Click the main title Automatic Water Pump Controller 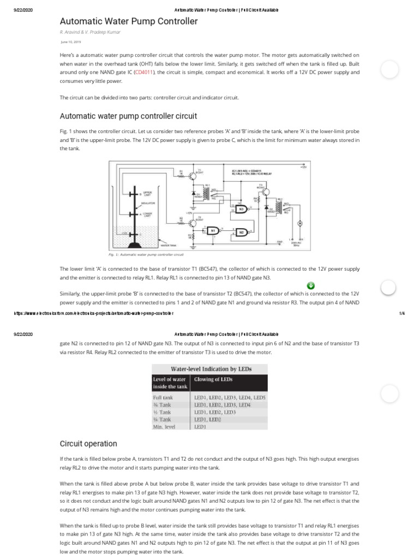tap(128, 21)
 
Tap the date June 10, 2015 tap(70, 41)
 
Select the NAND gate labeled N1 tap(213, 230)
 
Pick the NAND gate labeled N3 tap(241, 209)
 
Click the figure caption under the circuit tap(147, 254)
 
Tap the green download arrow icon tap(310, 286)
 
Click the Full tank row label tap(163, 398)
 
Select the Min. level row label tap(164, 427)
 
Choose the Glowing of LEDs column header tap(213, 379)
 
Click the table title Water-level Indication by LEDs tap(211, 368)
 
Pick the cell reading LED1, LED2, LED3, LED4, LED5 tap(230, 398)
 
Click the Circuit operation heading tap(88, 443)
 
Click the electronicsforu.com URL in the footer tap(93, 313)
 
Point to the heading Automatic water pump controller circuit tap(128, 116)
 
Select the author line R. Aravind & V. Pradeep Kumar tap(91, 32)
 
